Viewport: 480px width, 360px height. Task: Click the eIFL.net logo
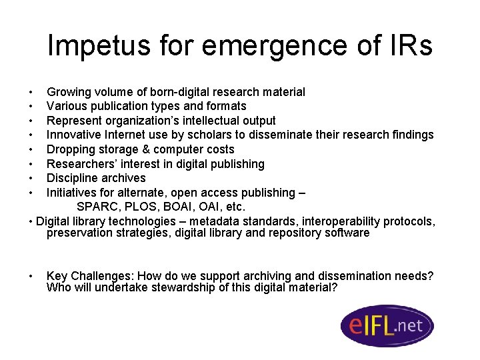click(387, 326)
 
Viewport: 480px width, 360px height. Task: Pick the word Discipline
click(71, 178)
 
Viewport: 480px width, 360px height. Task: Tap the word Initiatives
click(71, 193)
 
